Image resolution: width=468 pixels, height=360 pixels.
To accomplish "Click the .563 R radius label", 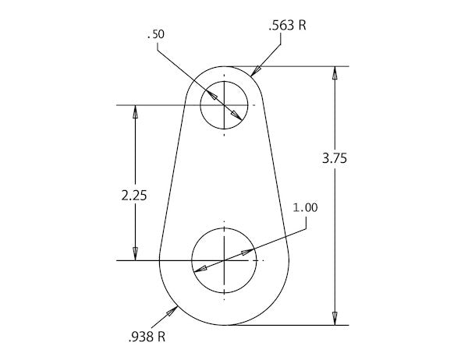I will tap(285, 26).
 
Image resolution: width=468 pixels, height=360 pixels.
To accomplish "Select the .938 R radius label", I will tap(145, 337).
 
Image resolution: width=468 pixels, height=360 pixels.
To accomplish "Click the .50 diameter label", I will tap(156, 36).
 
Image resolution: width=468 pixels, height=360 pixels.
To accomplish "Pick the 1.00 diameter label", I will tap(305, 207).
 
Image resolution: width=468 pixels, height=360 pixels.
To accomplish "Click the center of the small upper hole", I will tap(225, 104).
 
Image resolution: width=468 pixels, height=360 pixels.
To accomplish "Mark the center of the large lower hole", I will tap(225, 259).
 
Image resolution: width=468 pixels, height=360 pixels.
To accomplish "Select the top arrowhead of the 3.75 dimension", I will tap(335, 73).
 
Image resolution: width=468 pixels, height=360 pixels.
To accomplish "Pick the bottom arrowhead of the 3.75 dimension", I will tap(335, 317).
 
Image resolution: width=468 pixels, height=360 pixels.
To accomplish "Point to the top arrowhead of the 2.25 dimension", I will tap(135, 111).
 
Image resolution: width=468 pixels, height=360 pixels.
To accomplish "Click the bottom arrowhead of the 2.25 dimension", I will tap(135, 252).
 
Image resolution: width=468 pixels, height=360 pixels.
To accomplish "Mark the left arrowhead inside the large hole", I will tap(200, 269).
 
